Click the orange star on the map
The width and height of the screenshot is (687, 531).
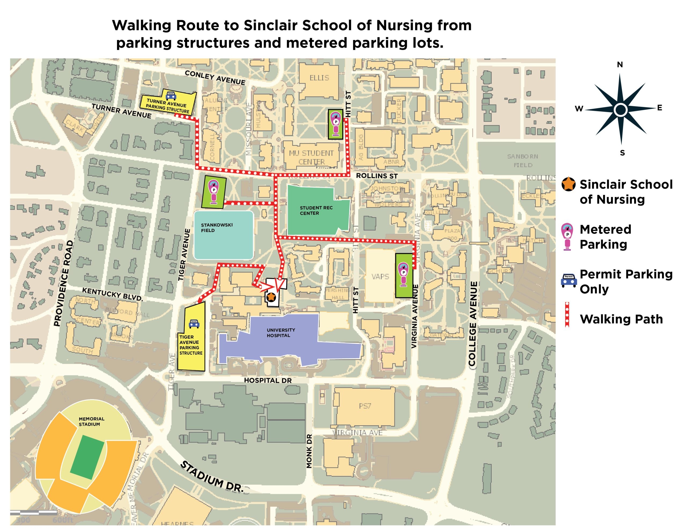coord(271,296)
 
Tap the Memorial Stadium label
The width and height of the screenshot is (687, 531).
coord(91,421)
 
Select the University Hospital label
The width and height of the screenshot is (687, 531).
coord(281,333)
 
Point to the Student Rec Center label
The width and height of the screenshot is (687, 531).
coord(316,210)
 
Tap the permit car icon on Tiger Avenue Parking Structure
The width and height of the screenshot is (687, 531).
coord(194,323)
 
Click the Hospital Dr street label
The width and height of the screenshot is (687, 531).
coord(268,380)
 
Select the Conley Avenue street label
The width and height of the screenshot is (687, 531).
coord(215,77)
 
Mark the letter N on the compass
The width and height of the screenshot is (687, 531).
coord(620,65)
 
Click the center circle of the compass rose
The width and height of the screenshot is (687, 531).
coord(621,110)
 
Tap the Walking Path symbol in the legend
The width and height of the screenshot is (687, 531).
coord(567,315)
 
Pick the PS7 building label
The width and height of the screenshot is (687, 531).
coord(365,406)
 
